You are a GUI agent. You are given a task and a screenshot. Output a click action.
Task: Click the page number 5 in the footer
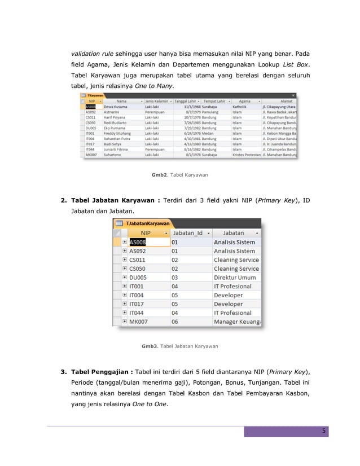point(324,432)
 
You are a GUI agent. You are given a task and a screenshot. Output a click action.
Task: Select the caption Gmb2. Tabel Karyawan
point(179,175)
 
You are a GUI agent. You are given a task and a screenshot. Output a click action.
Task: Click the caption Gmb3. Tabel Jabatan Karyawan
point(179,345)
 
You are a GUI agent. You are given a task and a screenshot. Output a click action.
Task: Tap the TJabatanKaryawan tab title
point(148,223)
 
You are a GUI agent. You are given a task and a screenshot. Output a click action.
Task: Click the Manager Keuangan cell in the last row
point(236,322)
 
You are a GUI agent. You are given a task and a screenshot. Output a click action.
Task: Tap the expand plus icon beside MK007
point(124,322)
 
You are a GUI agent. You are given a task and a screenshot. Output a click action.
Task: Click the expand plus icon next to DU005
point(124,278)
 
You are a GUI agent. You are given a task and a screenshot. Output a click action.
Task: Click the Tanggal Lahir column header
point(186,101)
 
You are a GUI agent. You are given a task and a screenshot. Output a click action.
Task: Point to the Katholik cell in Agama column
point(241,106)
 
